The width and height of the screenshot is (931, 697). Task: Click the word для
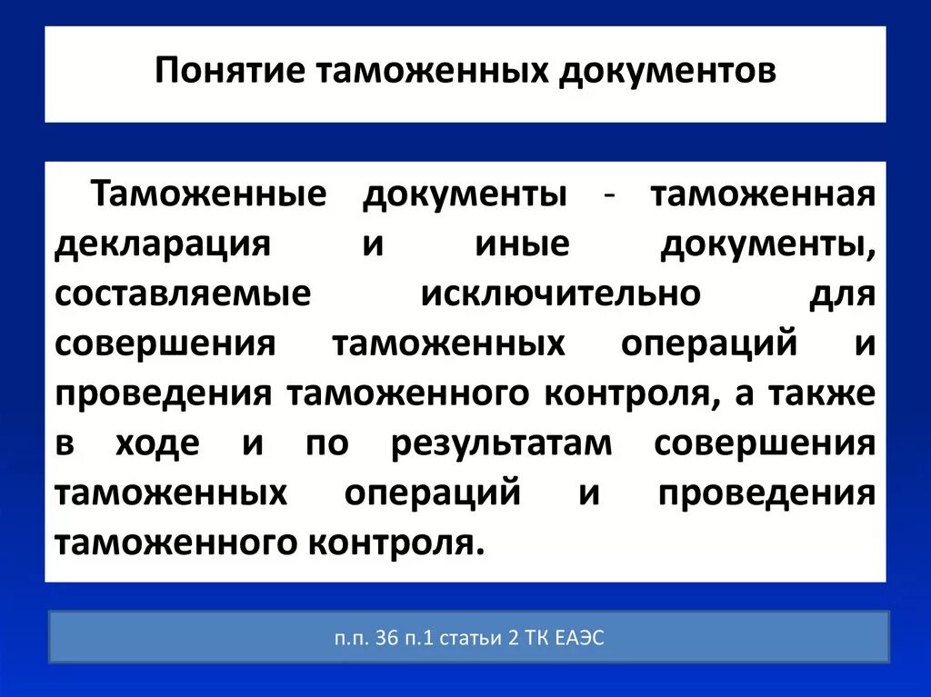point(841,295)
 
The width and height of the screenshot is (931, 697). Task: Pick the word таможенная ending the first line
point(763,195)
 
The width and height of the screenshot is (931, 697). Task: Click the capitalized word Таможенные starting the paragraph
point(208,195)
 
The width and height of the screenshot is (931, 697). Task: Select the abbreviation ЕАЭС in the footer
point(576,639)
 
